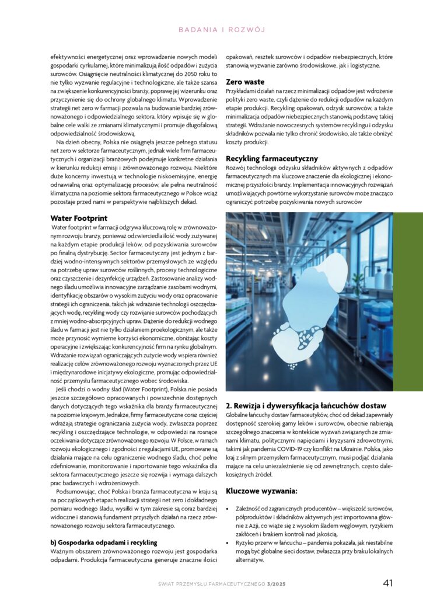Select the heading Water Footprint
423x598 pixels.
coord(79,218)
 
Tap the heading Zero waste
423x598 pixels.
coord(245,82)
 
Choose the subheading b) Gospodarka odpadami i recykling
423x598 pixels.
coord(104,542)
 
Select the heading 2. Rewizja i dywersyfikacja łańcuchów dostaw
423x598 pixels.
coord(306,405)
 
